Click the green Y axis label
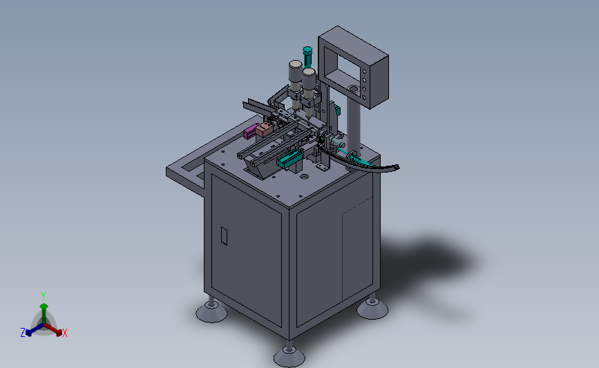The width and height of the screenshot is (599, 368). (x=43, y=296)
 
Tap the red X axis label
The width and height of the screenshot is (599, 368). (x=64, y=333)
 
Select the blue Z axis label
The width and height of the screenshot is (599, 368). (x=23, y=333)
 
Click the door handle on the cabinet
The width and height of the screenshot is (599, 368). (x=225, y=236)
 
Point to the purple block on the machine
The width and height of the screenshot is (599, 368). (x=250, y=131)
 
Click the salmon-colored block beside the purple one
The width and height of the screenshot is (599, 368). (x=265, y=129)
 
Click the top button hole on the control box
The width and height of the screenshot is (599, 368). (x=364, y=71)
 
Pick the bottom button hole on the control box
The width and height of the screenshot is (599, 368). (x=364, y=98)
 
